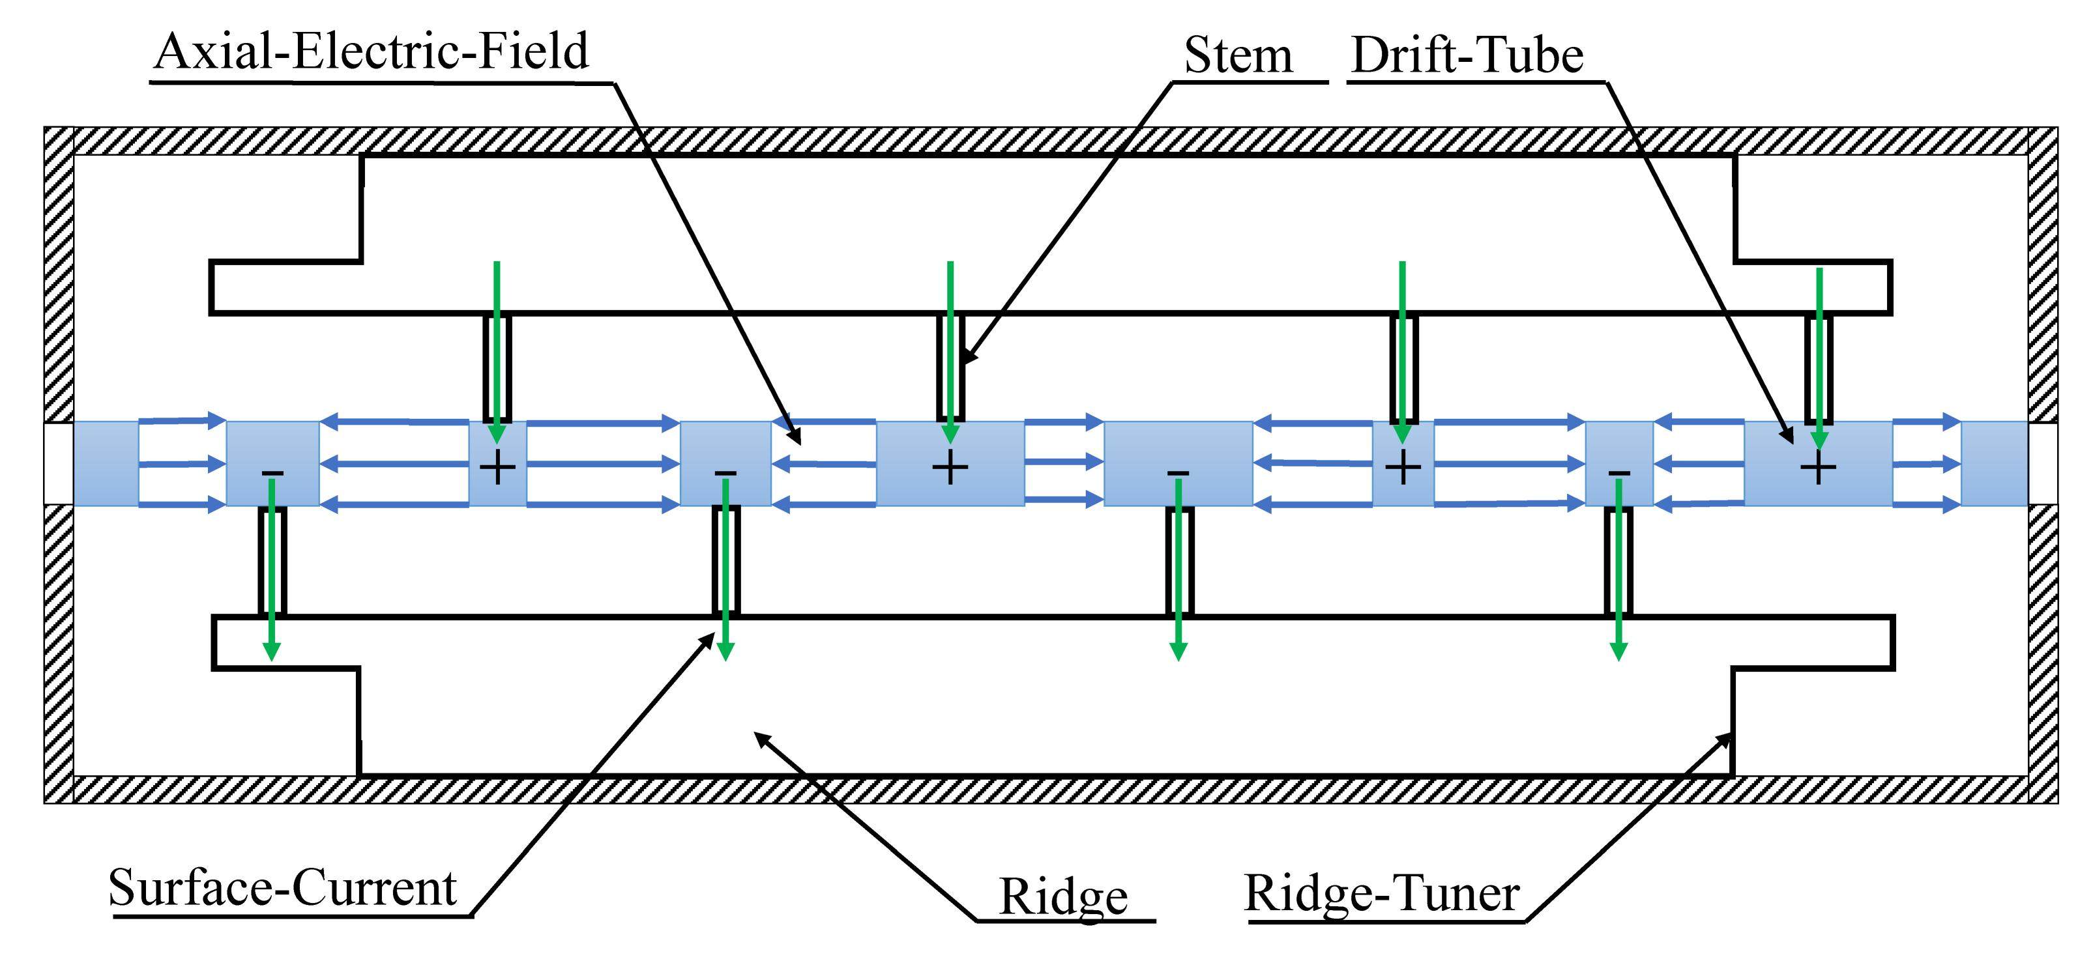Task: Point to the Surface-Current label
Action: [x=283, y=888]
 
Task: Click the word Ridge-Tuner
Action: [x=1381, y=894]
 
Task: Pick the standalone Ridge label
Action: [x=1062, y=897]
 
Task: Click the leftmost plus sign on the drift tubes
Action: [x=497, y=468]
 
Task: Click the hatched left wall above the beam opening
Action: [x=59, y=276]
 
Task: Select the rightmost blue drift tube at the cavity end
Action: [x=1994, y=463]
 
